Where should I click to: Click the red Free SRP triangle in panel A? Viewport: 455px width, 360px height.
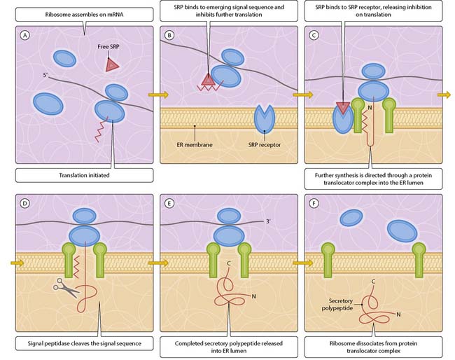pyautogui.click(x=112, y=64)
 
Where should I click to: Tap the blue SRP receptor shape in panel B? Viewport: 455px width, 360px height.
pyautogui.click(x=265, y=118)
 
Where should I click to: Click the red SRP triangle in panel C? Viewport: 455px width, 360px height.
pyautogui.click(x=342, y=106)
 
